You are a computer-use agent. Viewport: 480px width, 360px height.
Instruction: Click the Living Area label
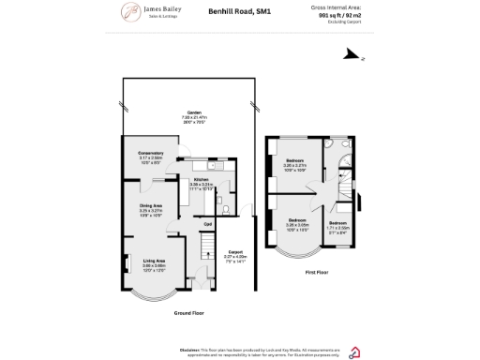155,262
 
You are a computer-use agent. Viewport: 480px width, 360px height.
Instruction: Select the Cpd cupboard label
208,223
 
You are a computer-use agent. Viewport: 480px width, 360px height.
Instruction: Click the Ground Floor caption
188,312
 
